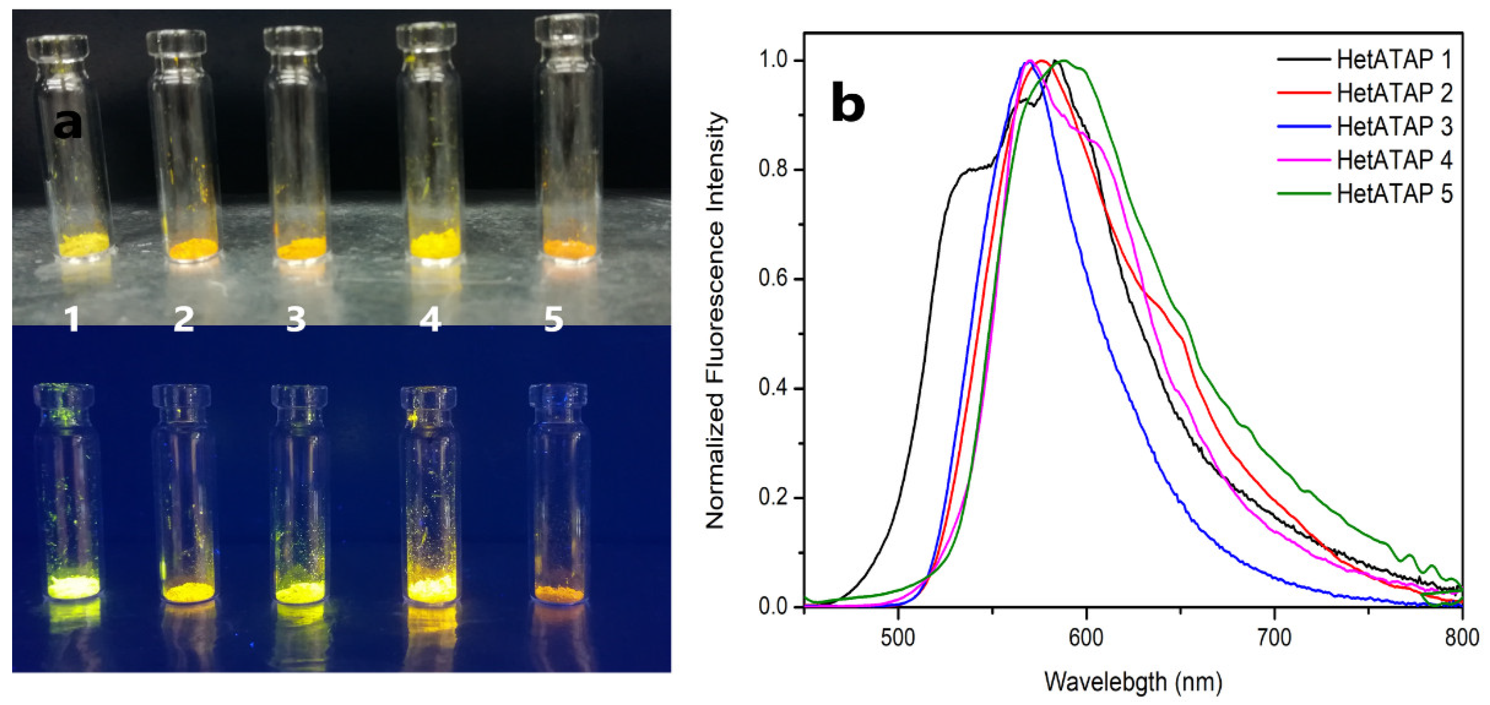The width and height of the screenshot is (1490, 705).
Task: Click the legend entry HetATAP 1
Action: (1394, 60)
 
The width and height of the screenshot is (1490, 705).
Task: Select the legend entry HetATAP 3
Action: (1394, 127)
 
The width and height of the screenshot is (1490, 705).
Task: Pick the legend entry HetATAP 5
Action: (1394, 194)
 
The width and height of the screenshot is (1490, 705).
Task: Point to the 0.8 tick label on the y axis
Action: (774, 170)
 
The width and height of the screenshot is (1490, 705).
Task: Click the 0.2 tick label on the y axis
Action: (774, 498)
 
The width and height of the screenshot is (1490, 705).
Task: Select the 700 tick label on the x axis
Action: (1274, 638)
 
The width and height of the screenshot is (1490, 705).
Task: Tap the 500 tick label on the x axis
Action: (898, 638)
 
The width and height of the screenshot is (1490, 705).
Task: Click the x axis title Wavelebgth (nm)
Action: (1133, 683)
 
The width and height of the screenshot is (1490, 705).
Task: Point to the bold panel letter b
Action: (848, 103)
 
